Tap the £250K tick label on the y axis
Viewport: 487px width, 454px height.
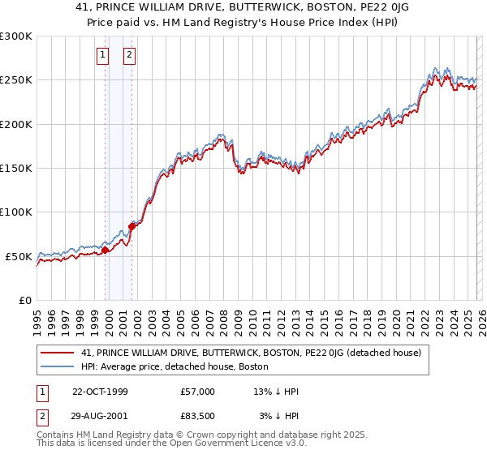click(x=16, y=80)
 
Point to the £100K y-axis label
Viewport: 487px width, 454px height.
click(x=16, y=212)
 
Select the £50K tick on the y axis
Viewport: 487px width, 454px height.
click(x=19, y=256)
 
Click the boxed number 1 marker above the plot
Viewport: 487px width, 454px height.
click(x=103, y=55)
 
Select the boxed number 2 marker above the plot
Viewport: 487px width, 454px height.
click(x=129, y=55)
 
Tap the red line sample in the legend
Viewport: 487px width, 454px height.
click(x=58, y=353)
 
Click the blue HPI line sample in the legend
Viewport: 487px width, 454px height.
click(x=58, y=366)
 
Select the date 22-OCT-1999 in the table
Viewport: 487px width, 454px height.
click(x=100, y=392)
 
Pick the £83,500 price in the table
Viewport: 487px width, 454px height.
click(x=198, y=416)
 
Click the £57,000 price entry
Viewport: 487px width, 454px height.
click(x=198, y=392)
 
